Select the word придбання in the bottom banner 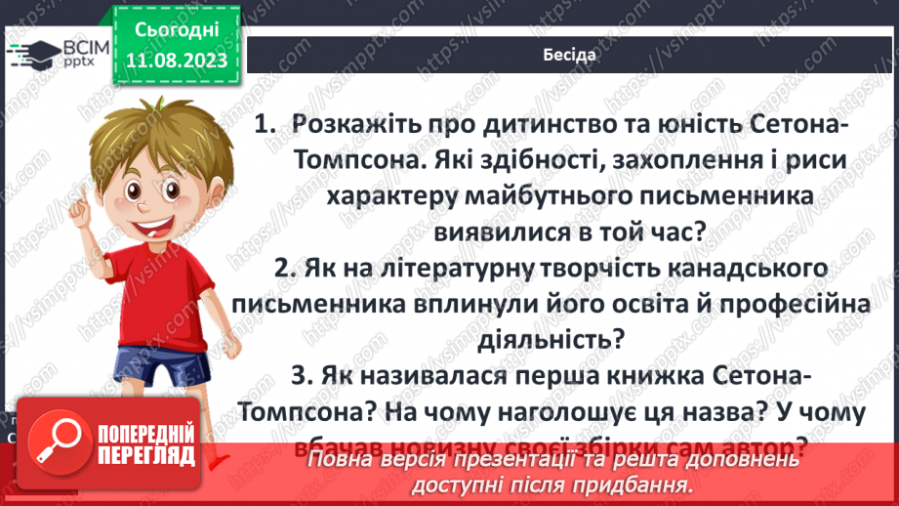[630, 484]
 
